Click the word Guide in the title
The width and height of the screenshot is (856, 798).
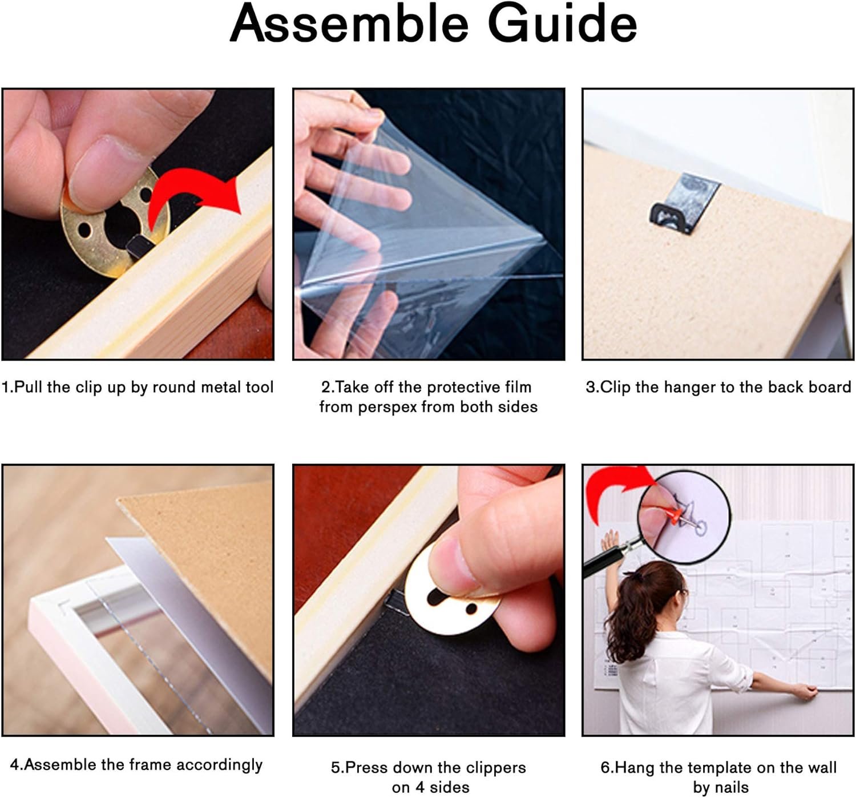click(562, 24)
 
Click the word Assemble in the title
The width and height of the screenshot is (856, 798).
click(349, 24)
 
